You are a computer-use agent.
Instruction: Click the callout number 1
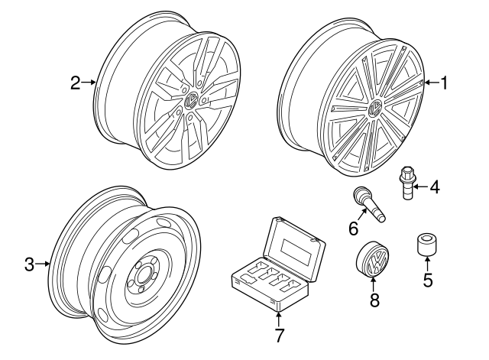coord(443,83)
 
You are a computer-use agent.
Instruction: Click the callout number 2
coord(75,83)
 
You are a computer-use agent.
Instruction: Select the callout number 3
coord(30,264)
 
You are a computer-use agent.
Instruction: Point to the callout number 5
coord(427,281)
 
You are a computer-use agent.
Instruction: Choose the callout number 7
coord(279,336)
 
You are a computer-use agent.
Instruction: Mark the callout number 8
coord(374,300)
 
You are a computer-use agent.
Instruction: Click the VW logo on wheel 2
coord(191,99)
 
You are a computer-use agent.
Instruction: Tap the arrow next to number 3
coord(44,264)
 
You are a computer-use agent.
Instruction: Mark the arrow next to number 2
coord(89,83)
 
